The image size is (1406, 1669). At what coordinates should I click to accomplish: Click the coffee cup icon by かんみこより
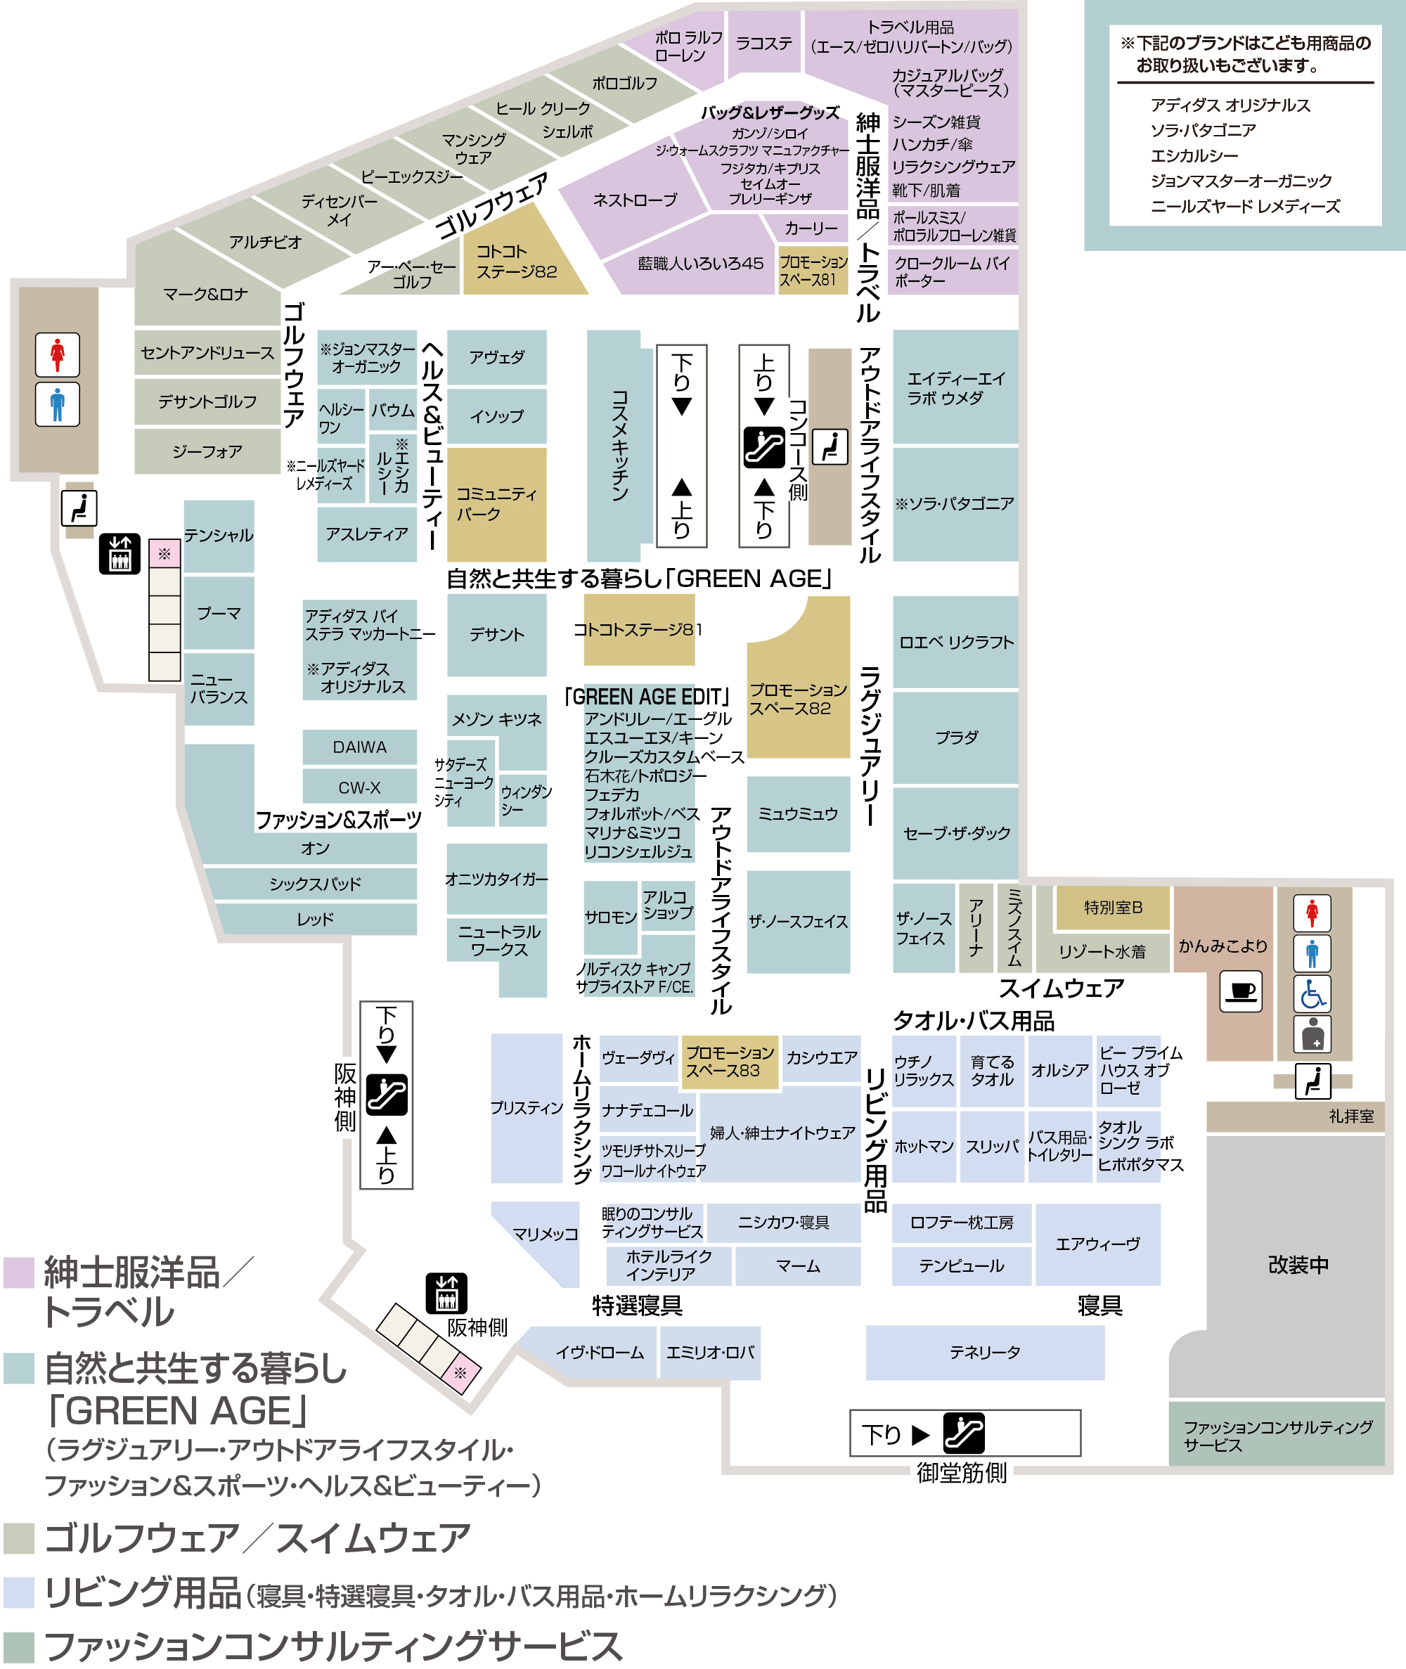pos(1240,991)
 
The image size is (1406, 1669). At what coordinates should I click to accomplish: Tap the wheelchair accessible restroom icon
pos(1312,993)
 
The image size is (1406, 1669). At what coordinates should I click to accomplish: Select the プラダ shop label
pos(955,737)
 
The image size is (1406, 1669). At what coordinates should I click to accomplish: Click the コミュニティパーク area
pos(496,504)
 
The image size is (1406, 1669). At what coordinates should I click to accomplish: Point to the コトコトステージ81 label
pos(638,630)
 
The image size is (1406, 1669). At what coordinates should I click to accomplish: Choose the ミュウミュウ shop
pos(798,814)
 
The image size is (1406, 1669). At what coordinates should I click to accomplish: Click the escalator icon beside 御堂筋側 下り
pos(963,1432)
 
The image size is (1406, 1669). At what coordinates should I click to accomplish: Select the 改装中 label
pos(1298,1264)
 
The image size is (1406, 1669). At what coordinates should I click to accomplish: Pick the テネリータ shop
pos(984,1352)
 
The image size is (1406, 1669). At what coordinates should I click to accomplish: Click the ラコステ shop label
pos(763,43)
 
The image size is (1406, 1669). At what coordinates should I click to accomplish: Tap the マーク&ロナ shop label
pos(206,294)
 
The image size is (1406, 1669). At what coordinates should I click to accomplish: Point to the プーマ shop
pos(219,613)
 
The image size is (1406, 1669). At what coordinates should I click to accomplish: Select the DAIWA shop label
pos(359,747)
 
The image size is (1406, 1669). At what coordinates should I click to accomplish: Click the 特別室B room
pos(1113,907)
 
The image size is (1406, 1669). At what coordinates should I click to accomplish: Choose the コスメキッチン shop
pos(619,446)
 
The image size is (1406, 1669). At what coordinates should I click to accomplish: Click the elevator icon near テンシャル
pos(120,553)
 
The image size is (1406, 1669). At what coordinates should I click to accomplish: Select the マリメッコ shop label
pos(546,1234)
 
